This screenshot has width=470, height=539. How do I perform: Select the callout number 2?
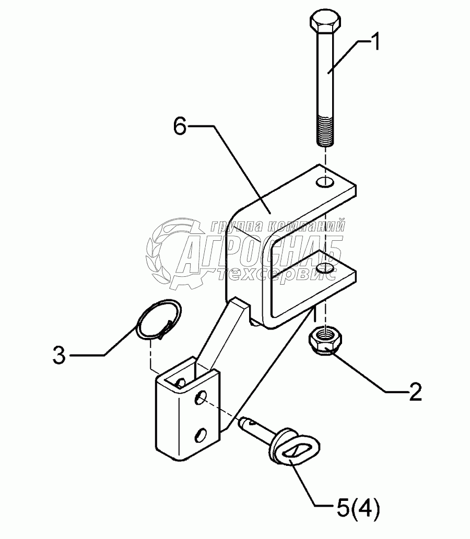point(415,392)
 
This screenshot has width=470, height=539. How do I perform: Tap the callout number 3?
point(59,356)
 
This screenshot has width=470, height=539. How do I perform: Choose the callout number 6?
point(180,127)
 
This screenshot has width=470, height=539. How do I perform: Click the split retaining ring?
point(159,320)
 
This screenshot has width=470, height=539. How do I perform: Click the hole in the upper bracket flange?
point(325,182)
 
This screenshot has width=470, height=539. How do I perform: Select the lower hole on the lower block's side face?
point(201,434)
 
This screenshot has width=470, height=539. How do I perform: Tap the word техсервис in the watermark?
point(277,275)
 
